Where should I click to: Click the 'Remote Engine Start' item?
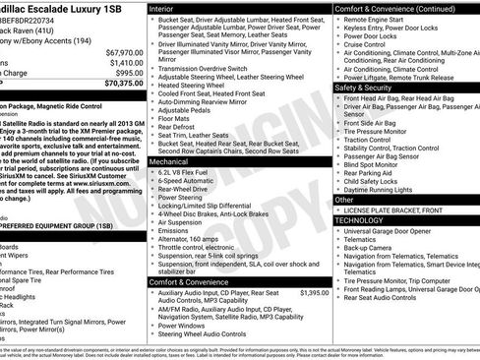[379, 20]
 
